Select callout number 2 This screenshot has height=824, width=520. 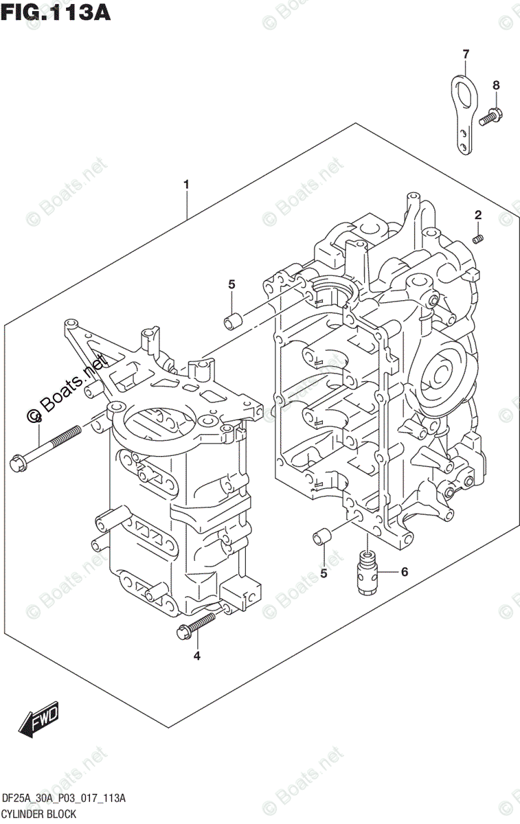[478, 216]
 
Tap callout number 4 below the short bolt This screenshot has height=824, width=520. [196, 656]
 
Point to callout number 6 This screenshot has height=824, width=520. [404, 571]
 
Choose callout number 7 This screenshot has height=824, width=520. [465, 54]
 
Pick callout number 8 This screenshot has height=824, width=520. [496, 85]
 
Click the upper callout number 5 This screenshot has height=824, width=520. [231, 284]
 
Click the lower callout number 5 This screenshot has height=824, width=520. [324, 573]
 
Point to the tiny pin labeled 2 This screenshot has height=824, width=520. [479, 238]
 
